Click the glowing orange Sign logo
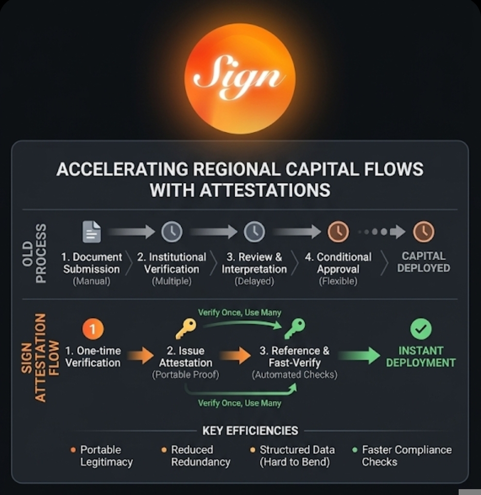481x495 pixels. (x=240, y=78)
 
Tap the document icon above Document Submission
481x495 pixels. (x=92, y=231)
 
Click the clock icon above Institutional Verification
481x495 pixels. (x=172, y=232)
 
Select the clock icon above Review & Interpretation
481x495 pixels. (x=254, y=232)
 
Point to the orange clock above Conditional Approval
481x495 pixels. (x=338, y=232)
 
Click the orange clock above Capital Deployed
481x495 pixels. (x=423, y=232)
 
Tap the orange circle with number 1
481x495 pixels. (x=93, y=330)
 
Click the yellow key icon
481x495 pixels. (x=186, y=329)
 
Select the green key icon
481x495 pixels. (x=294, y=329)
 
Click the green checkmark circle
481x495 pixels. (x=421, y=330)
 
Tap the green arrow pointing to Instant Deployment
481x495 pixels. (x=360, y=355)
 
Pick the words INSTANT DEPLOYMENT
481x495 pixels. (x=421, y=356)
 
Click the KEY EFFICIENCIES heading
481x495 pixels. (x=250, y=430)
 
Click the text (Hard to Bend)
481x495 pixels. (x=294, y=462)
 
